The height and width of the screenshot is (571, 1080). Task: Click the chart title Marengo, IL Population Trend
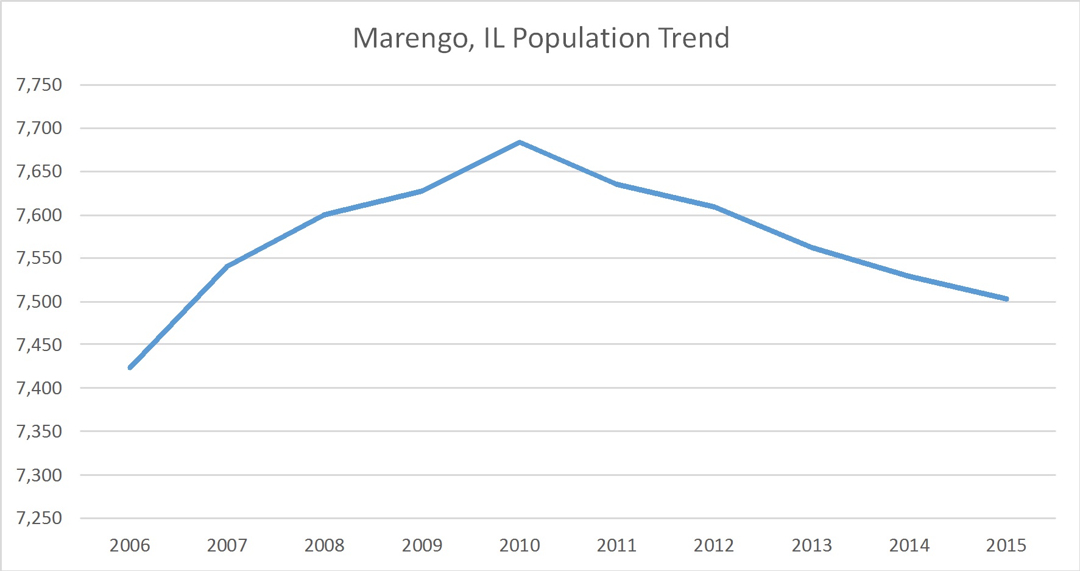coord(541,38)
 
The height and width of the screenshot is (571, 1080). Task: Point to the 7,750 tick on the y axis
coord(40,85)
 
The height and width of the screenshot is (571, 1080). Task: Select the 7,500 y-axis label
coord(40,302)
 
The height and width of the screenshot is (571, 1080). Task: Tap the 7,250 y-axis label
coord(40,518)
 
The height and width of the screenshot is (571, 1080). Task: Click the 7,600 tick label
coord(40,215)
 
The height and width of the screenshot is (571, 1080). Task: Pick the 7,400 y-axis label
coord(40,388)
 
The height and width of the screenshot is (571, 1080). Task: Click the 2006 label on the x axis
coord(130,545)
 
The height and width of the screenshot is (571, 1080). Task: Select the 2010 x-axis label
coord(520,545)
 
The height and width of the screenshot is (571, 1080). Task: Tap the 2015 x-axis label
coord(1006,545)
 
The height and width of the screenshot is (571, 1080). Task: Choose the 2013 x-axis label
coord(811,545)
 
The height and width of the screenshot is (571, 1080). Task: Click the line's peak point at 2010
coord(520,143)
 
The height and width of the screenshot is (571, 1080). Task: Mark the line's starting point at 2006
coord(130,367)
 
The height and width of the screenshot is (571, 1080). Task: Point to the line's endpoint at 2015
coord(1006,299)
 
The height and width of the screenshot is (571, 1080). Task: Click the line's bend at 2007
coord(227,266)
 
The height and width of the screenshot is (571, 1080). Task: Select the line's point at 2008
coord(325,215)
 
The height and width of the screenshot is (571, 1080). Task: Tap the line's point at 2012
coord(714,207)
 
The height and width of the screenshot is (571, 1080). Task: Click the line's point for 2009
coord(422,191)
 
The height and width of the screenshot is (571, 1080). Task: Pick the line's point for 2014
coord(909,276)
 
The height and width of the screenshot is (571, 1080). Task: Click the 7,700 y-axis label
coord(40,128)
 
